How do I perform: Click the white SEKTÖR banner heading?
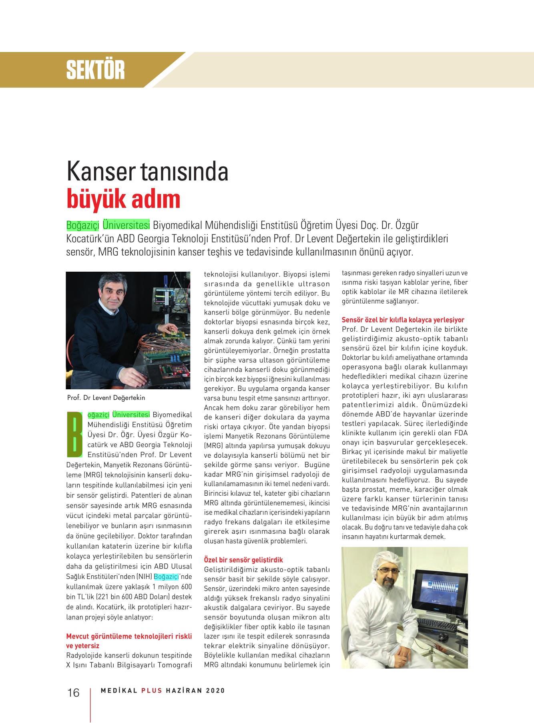(x=96, y=70)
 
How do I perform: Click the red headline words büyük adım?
(x=123, y=199)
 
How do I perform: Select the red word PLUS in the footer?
(x=152, y=691)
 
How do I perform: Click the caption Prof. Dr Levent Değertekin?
(x=106, y=398)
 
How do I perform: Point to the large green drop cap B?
(x=74, y=435)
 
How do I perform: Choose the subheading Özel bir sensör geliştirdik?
(x=243, y=560)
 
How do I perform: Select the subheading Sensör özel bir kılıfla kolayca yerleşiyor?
(x=403, y=320)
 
